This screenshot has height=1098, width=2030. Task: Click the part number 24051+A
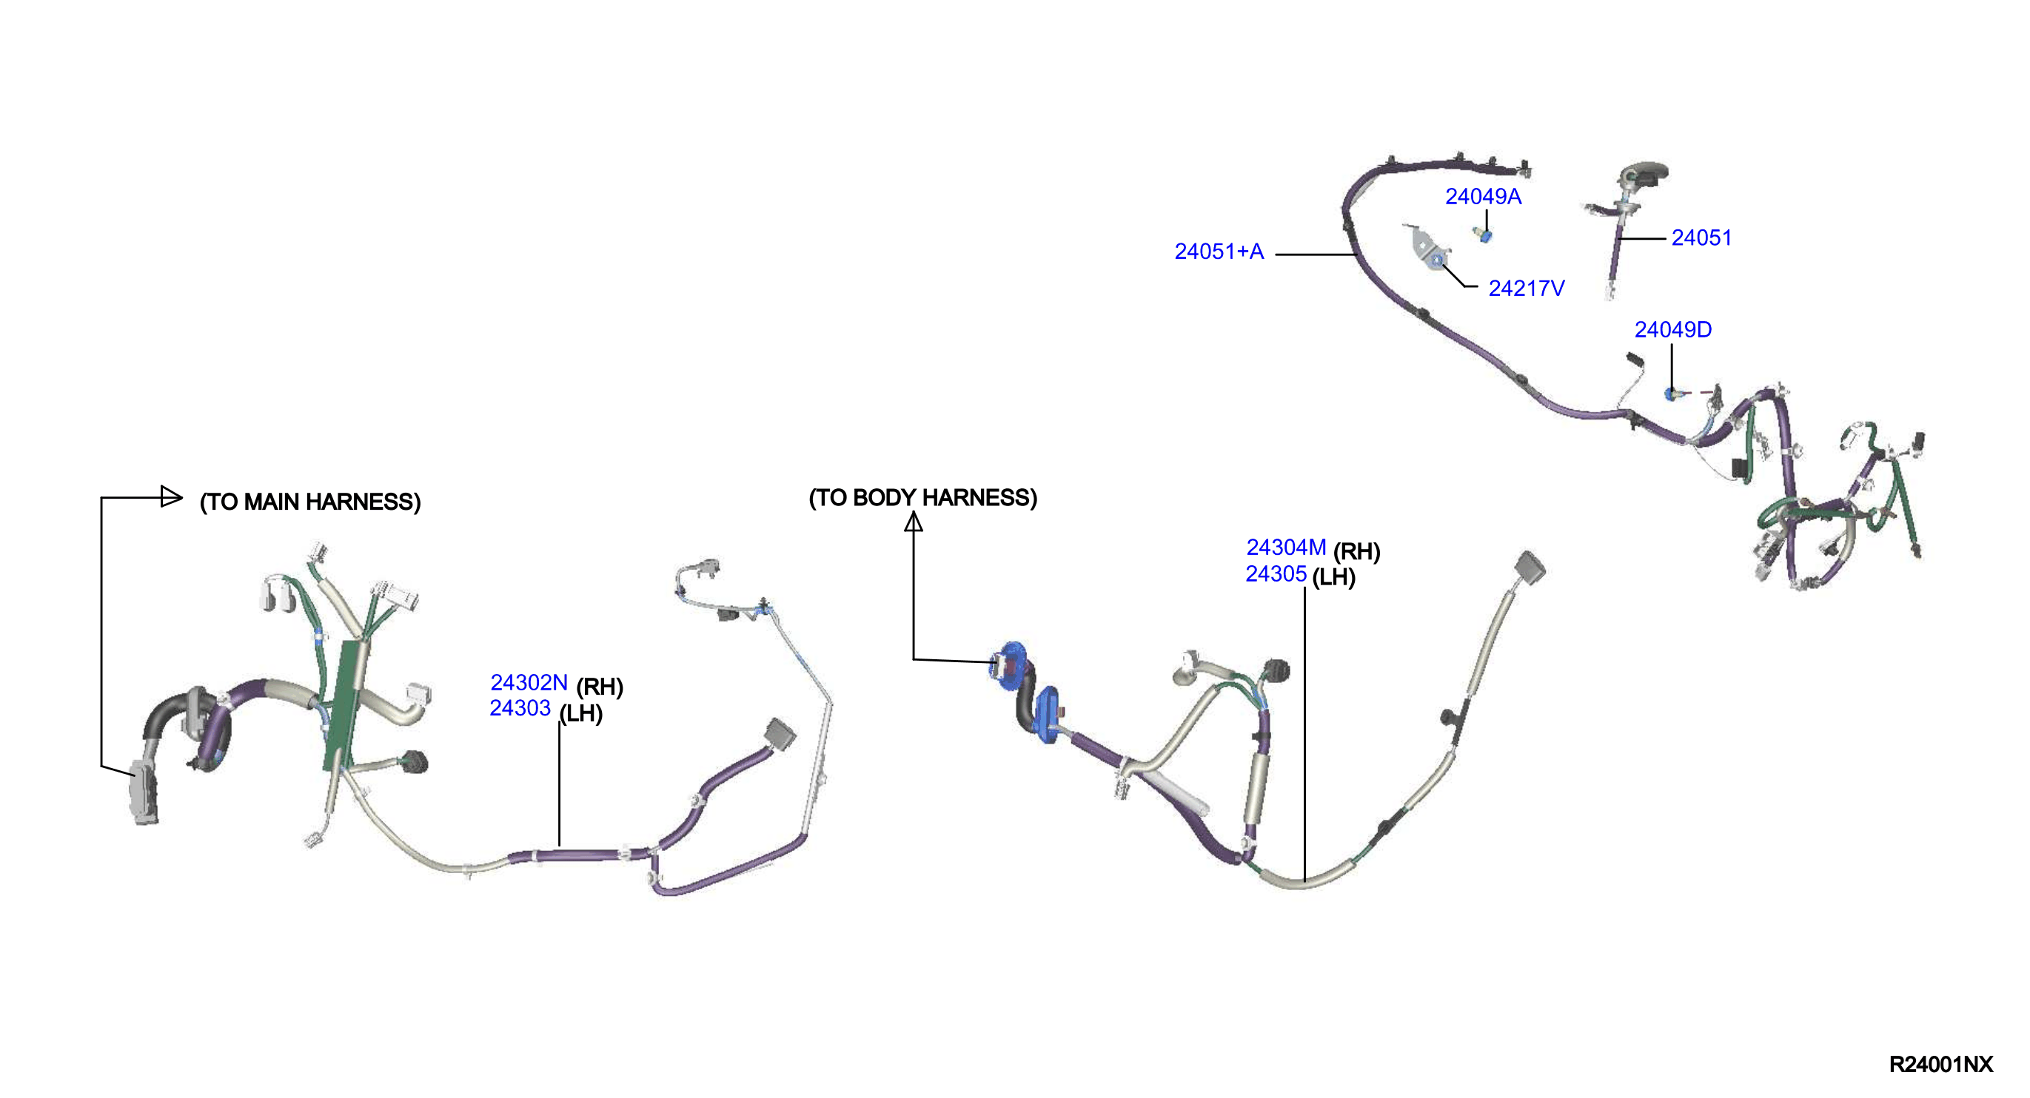[1219, 252]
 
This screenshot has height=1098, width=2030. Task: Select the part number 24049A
[1482, 197]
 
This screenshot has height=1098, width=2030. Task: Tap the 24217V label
[1526, 289]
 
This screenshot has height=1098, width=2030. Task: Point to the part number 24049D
[1672, 329]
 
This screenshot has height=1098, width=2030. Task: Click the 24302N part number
[528, 682]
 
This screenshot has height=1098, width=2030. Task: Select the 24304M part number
[1285, 547]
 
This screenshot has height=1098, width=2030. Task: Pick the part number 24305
[1275, 573]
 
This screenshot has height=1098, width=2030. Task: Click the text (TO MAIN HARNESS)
[309, 502]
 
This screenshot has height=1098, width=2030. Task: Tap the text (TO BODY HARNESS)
[922, 498]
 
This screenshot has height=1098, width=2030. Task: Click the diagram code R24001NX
[1940, 1064]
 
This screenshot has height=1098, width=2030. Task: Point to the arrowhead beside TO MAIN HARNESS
[171, 496]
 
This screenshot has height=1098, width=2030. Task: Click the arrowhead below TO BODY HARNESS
[913, 522]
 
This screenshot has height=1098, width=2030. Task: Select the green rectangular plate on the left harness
[345, 705]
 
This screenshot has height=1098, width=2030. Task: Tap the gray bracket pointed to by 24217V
[1427, 248]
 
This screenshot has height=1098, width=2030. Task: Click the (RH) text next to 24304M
[1356, 551]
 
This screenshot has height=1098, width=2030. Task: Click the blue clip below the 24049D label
[1671, 392]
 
